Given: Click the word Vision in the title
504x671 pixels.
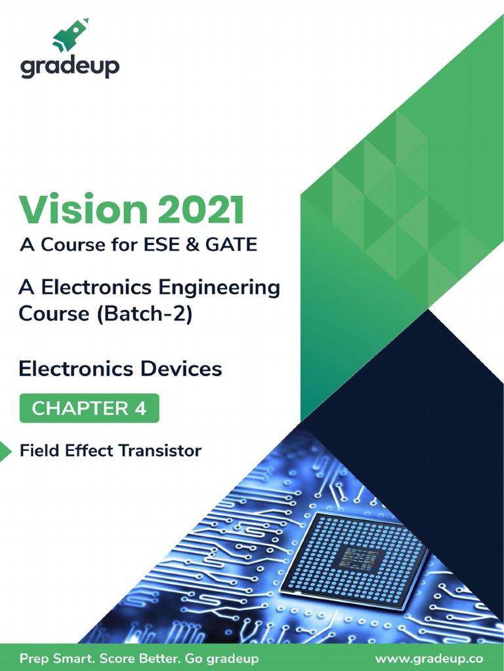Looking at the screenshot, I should tap(79, 211).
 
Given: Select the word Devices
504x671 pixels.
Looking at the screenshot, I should tap(180, 369).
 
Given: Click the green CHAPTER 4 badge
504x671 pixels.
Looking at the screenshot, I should tap(89, 408).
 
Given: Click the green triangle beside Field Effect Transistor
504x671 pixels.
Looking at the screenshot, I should tap(5, 451).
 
